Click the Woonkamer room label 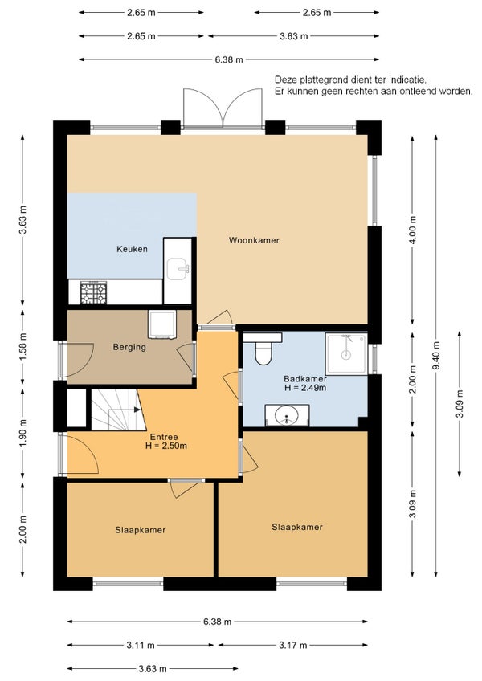(254, 240)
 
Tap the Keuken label (132, 249)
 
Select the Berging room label (129, 347)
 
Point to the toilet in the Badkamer (263, 349)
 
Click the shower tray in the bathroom (346, 353)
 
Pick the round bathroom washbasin (287, 415)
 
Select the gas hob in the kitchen (93, 292)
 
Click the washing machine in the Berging (161, 324)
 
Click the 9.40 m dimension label (436, 356)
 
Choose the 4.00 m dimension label (413, 230)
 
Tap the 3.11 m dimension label (141, 646)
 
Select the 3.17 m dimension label (293, 646)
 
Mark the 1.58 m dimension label (23, 346)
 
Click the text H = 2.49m (305, 388)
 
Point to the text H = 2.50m (166, 446)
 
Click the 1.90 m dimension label (23, 434)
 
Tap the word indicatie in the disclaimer (406, 80)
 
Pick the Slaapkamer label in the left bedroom (141, 530)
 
